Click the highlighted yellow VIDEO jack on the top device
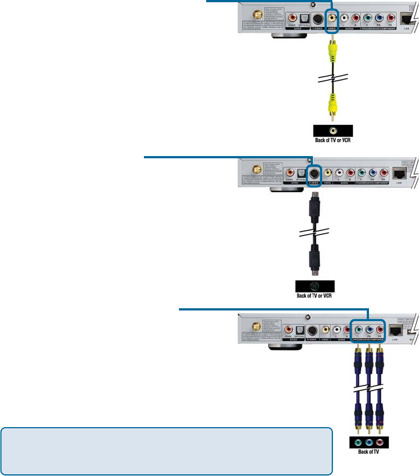[x=332, y=18]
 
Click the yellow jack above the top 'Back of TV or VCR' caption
[x=332, y=131]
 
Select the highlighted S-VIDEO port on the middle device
[x=315, y=173]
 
